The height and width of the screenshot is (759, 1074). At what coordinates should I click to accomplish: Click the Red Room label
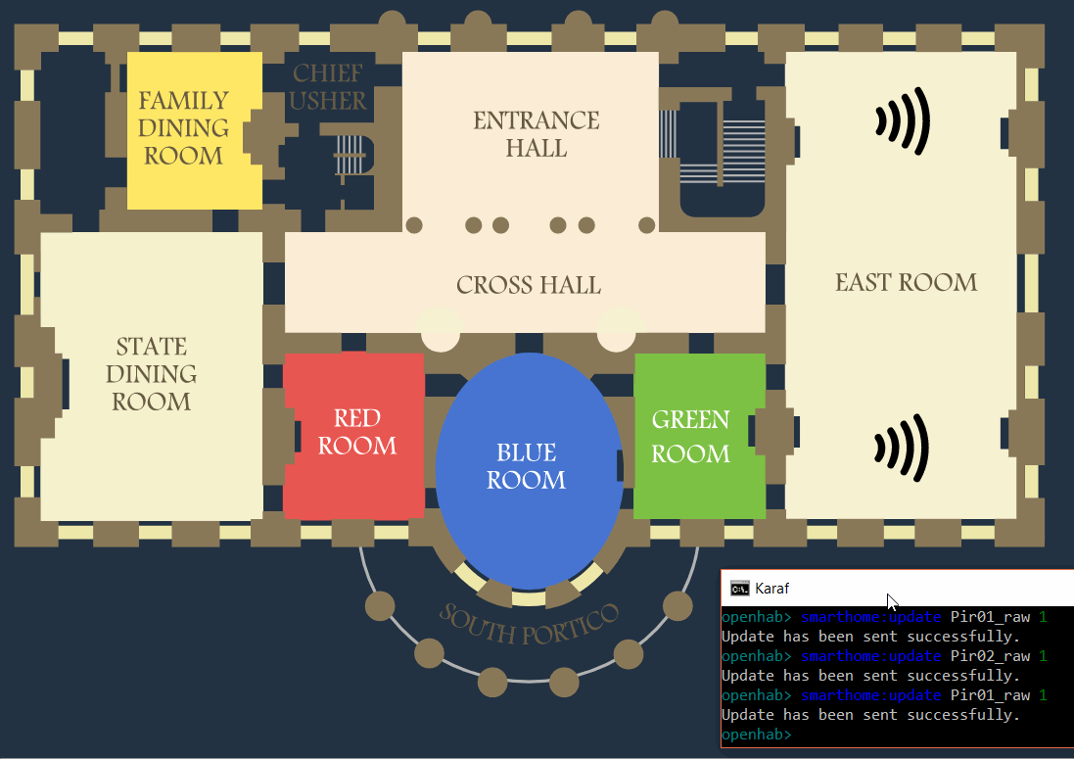pos(357,432)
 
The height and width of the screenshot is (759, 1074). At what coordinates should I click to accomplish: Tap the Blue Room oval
pos(527,467)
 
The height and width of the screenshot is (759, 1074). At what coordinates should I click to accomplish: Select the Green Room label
pos(691,437)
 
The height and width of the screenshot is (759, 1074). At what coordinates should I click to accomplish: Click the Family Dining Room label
pos(183,128)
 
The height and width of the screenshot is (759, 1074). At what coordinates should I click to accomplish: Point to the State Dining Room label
pos(152,374)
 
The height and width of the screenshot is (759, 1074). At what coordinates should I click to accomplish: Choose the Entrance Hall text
pos(536,134)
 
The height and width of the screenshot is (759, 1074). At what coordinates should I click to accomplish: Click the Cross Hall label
pos(529,285)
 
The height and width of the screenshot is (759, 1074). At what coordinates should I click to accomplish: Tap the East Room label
pos(906,283)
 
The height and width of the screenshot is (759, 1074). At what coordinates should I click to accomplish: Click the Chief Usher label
pos(328,87)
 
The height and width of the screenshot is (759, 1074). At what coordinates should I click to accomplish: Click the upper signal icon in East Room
pos(902,120)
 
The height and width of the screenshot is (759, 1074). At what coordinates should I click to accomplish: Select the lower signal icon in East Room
pos(902,448)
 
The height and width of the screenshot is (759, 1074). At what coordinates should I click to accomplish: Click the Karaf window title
pos(771,589)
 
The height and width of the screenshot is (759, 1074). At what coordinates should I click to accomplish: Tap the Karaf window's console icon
pos(740,589)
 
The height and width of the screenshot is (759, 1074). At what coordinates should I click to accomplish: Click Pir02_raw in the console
pos(990,656)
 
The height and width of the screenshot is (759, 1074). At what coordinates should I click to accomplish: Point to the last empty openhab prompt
pos(755,735)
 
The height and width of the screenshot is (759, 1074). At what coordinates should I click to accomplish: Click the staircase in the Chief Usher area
pos(348,153)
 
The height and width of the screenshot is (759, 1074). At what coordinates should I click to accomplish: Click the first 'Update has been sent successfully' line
pos(870,637)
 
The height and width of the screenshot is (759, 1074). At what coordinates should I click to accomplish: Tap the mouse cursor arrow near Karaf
pos(892,602)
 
